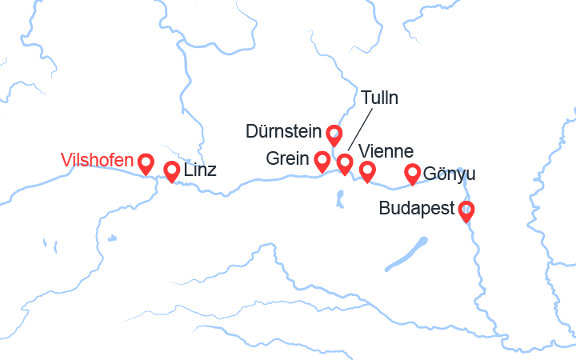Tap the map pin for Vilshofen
(x=146, y=163)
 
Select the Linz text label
(x=200, y=170)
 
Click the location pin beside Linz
(x=171, y=170)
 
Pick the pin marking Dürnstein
(x=334, y=134)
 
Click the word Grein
(x=288, y=159)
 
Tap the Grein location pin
(x=322, y=162)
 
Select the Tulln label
(x=379, y=98)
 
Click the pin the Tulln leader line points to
(x=345, y=163)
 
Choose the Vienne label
(x=386, y=151)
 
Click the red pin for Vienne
(x=367, y=170)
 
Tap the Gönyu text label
(x=450, y=174)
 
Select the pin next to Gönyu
(x=413, y=173)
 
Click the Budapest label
(x=416, y=210)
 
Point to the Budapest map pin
(x=466, y=211)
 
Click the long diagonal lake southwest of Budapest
(x=406, y=254)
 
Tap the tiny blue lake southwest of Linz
(x=111, y=238)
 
